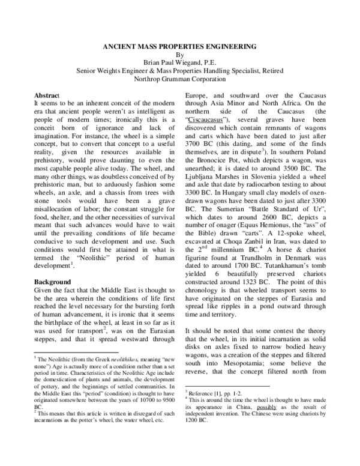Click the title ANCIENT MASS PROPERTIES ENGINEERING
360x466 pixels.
pos(180,46)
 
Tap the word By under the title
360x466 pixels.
pos(180,53)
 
